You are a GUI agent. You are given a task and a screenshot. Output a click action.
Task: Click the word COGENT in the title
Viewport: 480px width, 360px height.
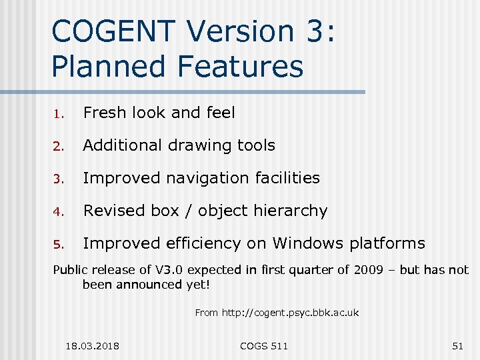[x=111, y=31]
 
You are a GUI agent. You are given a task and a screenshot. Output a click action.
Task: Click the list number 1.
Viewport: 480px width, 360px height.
[x=59, y=114]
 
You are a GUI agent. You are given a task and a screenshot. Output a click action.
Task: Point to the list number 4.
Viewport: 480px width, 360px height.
[x=59, y=212]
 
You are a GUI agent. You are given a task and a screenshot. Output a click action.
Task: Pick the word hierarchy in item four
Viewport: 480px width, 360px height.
[x=291, y=211]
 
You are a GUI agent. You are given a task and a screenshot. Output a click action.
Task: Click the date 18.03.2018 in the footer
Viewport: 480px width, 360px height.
[x=93, y=345]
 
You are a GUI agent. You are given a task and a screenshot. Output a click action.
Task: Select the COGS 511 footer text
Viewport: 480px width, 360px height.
[x=264, y=345]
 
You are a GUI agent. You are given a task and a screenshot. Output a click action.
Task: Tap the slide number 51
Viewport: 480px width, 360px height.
[x=457, y=345]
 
